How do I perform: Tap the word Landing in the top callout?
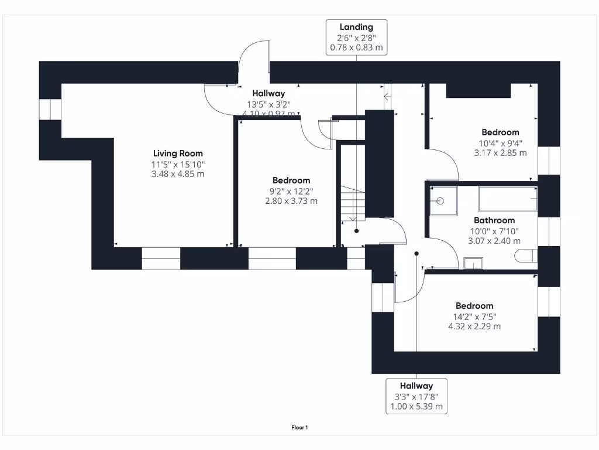coord(356,27)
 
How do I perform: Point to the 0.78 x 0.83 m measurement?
coord(356,48)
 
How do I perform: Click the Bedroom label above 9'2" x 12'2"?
coord(291,180)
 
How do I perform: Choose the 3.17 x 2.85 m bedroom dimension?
coord(500,153)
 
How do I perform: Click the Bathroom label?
coord(494,220)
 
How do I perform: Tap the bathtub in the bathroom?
coord(507,199)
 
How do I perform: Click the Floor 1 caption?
coord(299,428)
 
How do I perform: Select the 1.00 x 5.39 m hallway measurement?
coord(416,407)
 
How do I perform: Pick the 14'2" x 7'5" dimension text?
coord(474,316)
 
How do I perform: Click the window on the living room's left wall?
coord(50,109)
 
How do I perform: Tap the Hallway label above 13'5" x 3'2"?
coord(268,93)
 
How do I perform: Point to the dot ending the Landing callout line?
coord(356,231)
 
